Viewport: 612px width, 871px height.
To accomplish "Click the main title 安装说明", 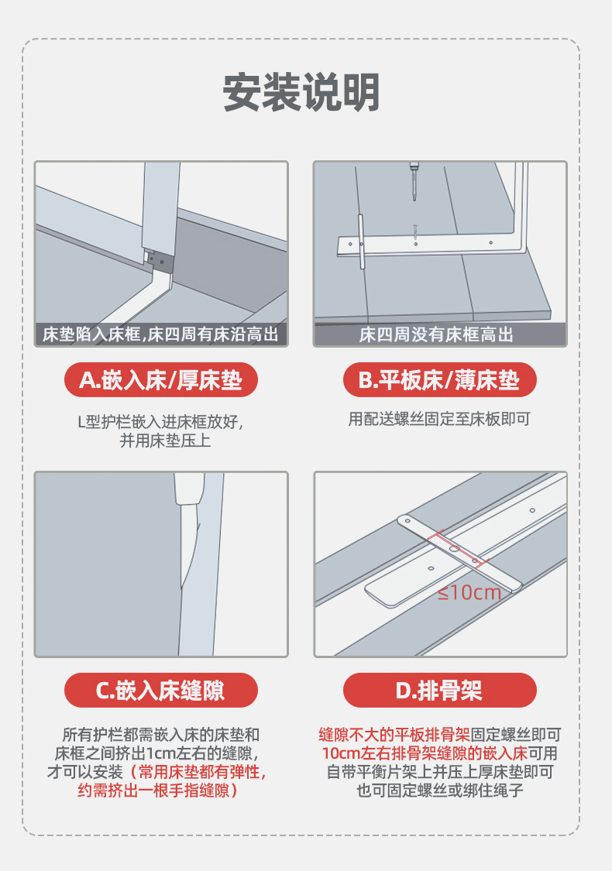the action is coord(301,92).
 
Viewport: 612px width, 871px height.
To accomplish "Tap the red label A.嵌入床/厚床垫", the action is coord(160,380).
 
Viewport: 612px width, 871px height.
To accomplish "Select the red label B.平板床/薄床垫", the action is coord(439,380).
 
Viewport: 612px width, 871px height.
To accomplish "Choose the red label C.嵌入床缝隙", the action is coord(160,691).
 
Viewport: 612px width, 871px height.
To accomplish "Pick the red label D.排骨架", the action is coord(439,691).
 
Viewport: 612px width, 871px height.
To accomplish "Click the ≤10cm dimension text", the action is coord(469,593).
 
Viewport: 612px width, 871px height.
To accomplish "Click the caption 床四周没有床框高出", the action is coord(436,335).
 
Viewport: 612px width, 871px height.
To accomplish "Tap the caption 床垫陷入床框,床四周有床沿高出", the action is coord(160,334).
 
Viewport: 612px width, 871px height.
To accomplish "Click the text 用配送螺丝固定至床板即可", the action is coord(439,419).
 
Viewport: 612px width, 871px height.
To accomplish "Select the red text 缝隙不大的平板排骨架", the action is coord(394,735).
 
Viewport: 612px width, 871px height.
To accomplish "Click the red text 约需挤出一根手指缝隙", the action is coord(154,790).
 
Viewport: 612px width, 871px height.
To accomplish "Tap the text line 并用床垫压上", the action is coord(165,441).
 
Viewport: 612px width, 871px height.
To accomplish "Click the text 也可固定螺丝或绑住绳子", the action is coord(440,790).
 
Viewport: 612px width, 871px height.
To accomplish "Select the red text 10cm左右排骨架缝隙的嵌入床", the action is coord(425,753).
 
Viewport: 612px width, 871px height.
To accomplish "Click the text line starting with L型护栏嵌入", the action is coord(160,422).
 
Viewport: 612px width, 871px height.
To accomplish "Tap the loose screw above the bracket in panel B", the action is coord(414,232).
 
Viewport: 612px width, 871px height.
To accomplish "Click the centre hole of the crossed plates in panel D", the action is coord(454,549).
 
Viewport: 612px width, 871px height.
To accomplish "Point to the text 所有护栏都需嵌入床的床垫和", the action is coord(160,735).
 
